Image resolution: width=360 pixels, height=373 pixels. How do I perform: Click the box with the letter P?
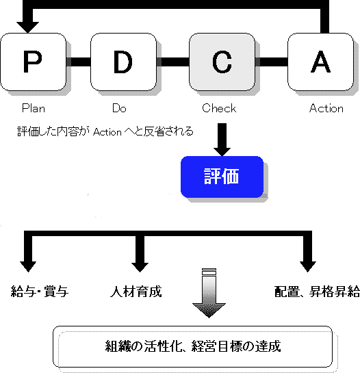pyautogui.click(x=33, y=62)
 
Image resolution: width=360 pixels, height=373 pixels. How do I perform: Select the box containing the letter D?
pyautogui.click(x=123, y=62)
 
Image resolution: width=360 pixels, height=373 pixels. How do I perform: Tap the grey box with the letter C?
pyautogui.click(x=222, y=62)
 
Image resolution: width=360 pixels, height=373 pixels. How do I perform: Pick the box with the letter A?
pyautogui.click(x=320, y=62)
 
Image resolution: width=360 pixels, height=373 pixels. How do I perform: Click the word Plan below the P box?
pyautogui.click(x=34, y=108)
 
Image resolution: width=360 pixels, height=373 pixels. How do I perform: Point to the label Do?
pyautogui.click(x=119, y=108)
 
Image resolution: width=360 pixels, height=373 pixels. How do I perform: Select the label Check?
pyautogui.click(x=219, y=108)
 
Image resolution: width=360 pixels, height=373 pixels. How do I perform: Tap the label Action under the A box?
pyautogui.click(x=326, y=108)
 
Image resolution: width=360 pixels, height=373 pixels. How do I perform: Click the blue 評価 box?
pyautogui.click(x=222, y=177)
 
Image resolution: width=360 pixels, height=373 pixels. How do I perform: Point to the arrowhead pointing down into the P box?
pyautogui.click(x=27, y=27)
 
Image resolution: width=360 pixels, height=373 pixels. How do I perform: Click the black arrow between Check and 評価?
pyautogui.click(x=222, y=140)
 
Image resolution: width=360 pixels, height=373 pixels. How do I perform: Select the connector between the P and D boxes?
pyautogui.click(x=78, y=62)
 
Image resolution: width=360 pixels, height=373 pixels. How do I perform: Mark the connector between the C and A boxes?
pyautogui.click(x=271, y=62)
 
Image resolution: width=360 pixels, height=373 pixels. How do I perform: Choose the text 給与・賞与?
pyautogui.click(x=40, y=292)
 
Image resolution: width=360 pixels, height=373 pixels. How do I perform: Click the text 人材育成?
pyautogui.click(x=136, y=292)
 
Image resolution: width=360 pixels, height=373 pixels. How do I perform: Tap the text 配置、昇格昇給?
pyautogui.click(x=317, y=292)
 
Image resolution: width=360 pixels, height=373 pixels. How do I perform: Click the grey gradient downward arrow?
pyautogui.click(x=209, y=293)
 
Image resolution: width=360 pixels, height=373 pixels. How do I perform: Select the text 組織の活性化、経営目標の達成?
pyautogui.click(x=193, y=346)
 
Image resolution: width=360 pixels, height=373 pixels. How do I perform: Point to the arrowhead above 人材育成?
pyautogui.click(x=140, y=268)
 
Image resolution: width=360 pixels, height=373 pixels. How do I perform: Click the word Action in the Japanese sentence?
pyautogui.click(x=107, y=132)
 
